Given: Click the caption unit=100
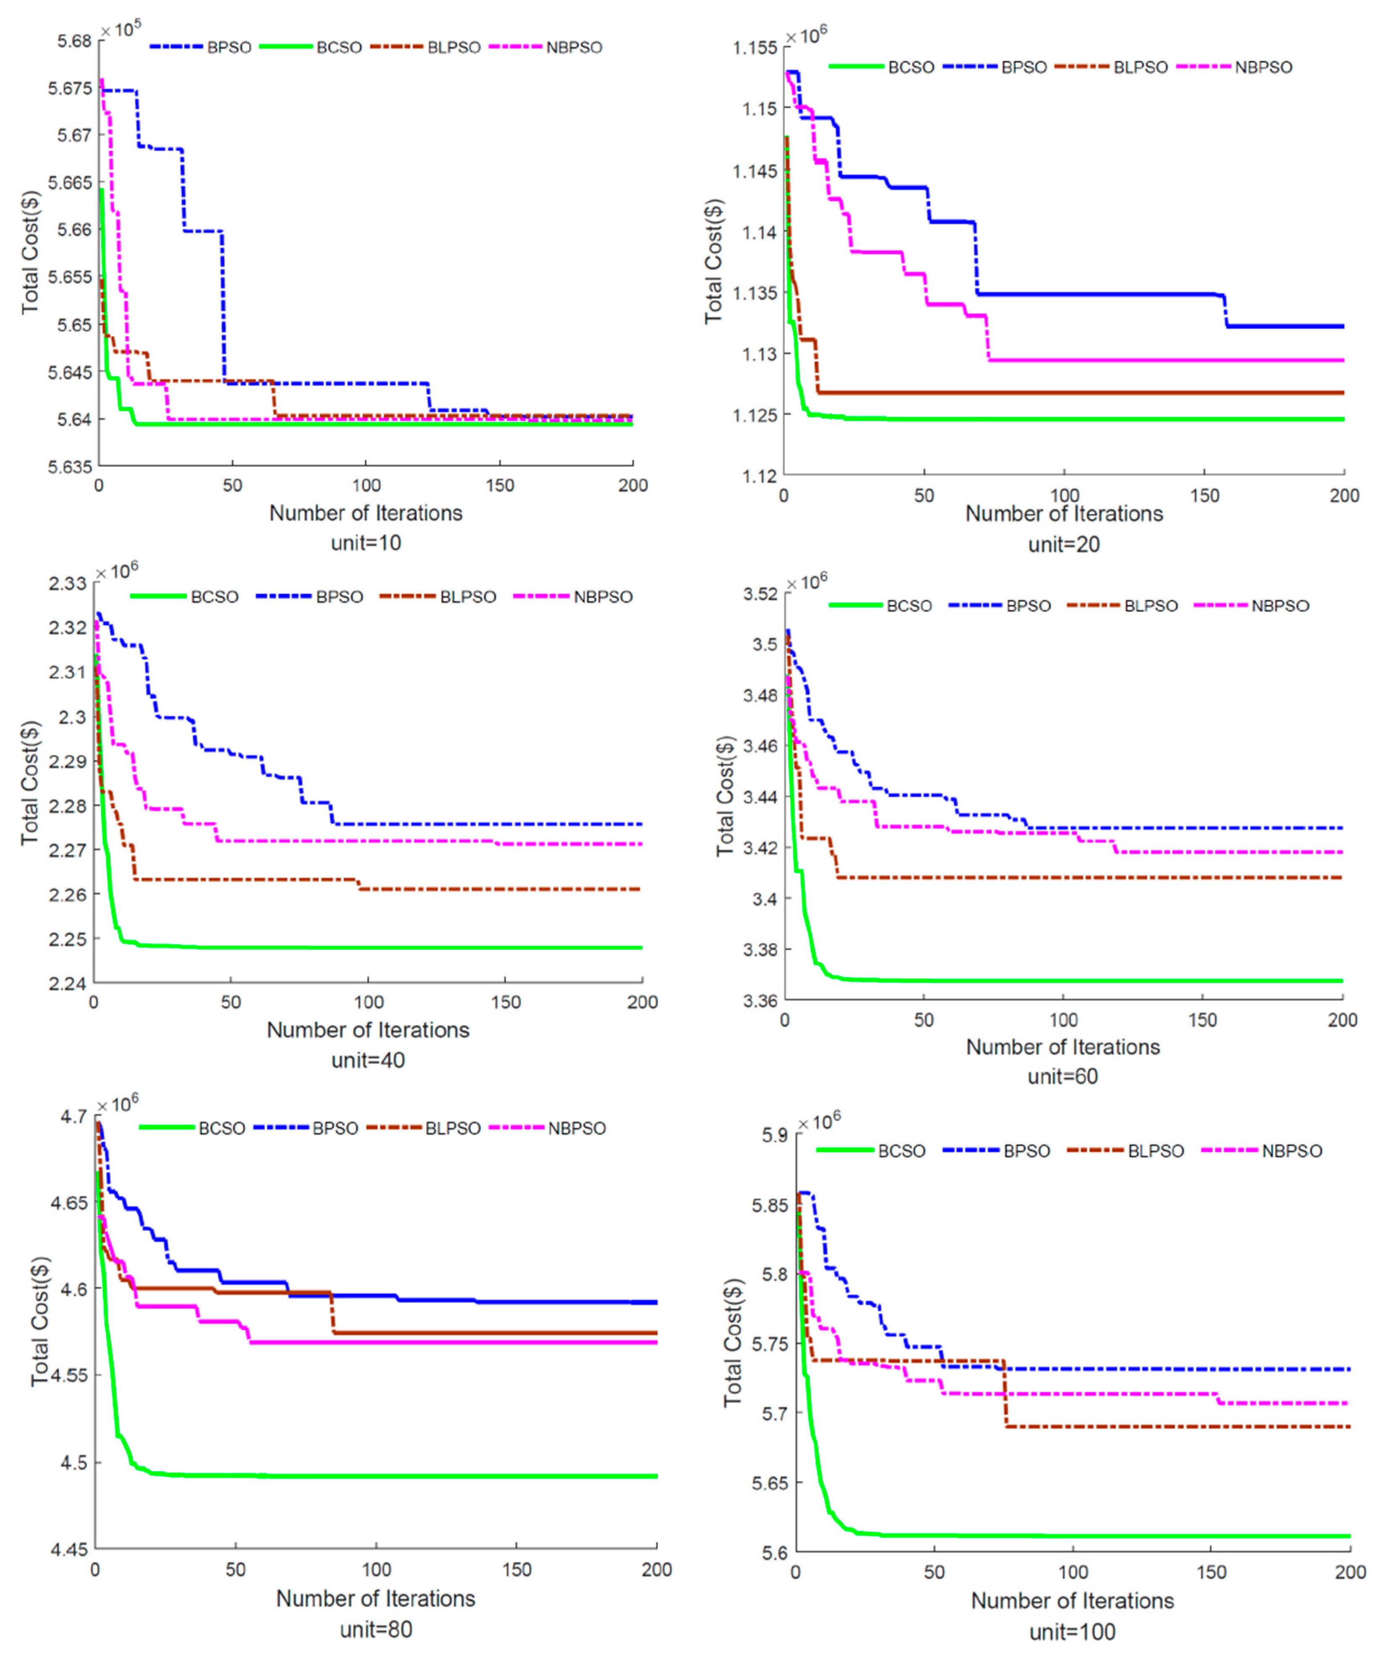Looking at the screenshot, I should pos(1072,1631).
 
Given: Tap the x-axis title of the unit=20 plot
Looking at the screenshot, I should pos(1064,514).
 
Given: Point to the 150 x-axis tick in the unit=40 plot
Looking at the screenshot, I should pos(506,1003).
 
